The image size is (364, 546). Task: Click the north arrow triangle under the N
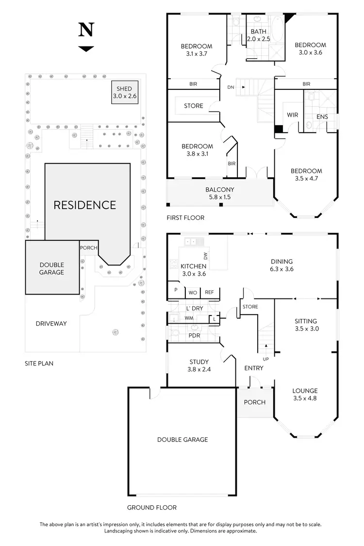86,49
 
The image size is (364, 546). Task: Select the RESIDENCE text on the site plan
85,205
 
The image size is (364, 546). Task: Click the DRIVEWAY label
51,323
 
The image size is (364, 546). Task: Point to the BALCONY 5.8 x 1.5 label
219,194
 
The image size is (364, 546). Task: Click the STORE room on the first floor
194,106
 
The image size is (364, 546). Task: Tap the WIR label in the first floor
293,115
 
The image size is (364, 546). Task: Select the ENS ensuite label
322,117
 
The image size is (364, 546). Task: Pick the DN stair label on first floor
231,87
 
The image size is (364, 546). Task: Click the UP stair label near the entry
265,359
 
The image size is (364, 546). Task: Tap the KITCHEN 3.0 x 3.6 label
194,270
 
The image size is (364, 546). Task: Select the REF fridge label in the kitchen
209,292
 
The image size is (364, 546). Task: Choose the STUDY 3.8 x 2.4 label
199,365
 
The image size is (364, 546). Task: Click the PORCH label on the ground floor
254,402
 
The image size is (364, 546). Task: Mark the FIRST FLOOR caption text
185,218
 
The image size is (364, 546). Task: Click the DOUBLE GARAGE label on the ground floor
182,440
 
